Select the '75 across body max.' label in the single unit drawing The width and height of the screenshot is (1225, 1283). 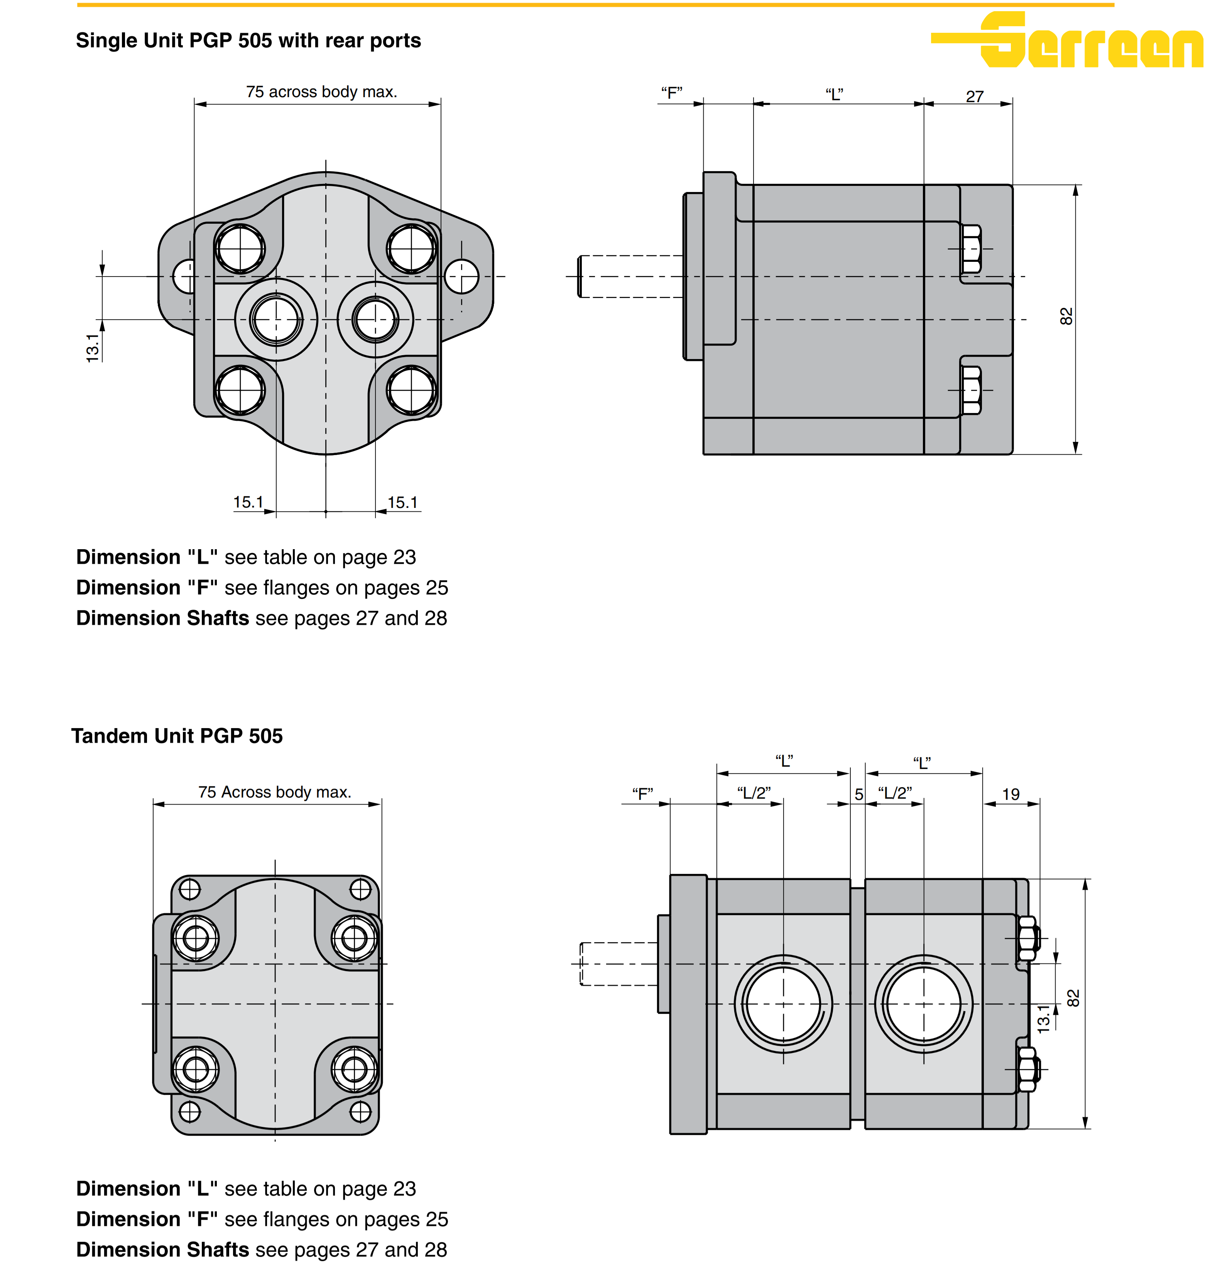[321, 92]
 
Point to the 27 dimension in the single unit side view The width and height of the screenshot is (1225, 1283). [974, 96]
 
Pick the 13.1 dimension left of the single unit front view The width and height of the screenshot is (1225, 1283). [93, 348]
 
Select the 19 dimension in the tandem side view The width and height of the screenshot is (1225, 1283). [1011, 794]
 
